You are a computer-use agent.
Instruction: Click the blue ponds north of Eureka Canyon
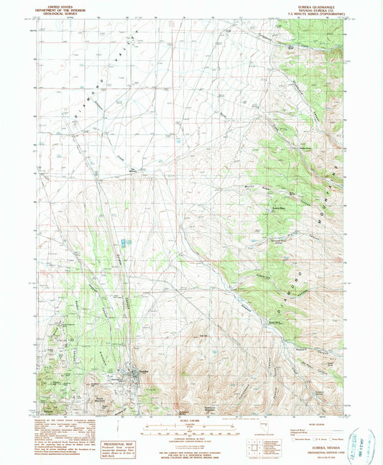126,244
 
